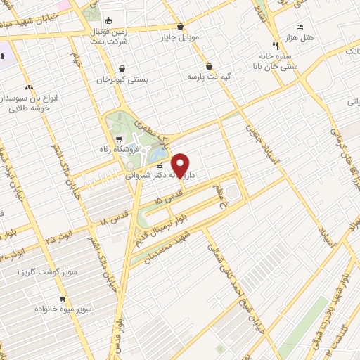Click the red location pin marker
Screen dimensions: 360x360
click(x=181, y=165)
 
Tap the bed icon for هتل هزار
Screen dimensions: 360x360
click(x=300, y=26)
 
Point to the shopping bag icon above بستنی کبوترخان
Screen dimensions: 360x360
click(x=123, y=69)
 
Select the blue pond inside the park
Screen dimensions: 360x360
click(x=159, y=152)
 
